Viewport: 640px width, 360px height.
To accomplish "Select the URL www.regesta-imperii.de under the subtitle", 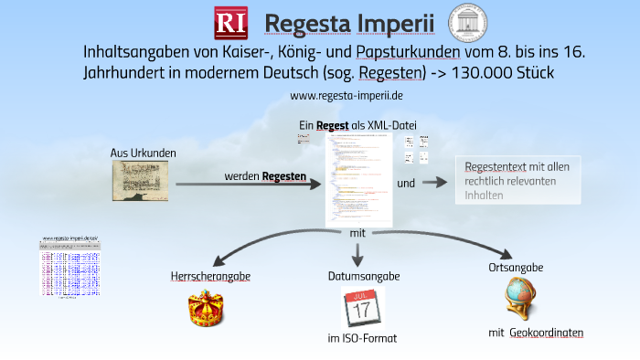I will pos(347,95).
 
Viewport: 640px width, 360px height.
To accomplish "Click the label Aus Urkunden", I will pos(144,153).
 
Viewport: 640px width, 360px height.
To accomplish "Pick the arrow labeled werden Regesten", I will pos(247,183).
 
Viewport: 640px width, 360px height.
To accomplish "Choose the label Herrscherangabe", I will pos(210,275).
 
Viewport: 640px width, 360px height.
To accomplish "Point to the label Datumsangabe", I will pos(363,275).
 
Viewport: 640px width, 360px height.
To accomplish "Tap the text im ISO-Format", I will pos(363,339).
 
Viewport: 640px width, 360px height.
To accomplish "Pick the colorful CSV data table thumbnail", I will pos(69,267).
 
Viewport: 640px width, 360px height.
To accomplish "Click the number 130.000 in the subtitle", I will pos(485,71).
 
